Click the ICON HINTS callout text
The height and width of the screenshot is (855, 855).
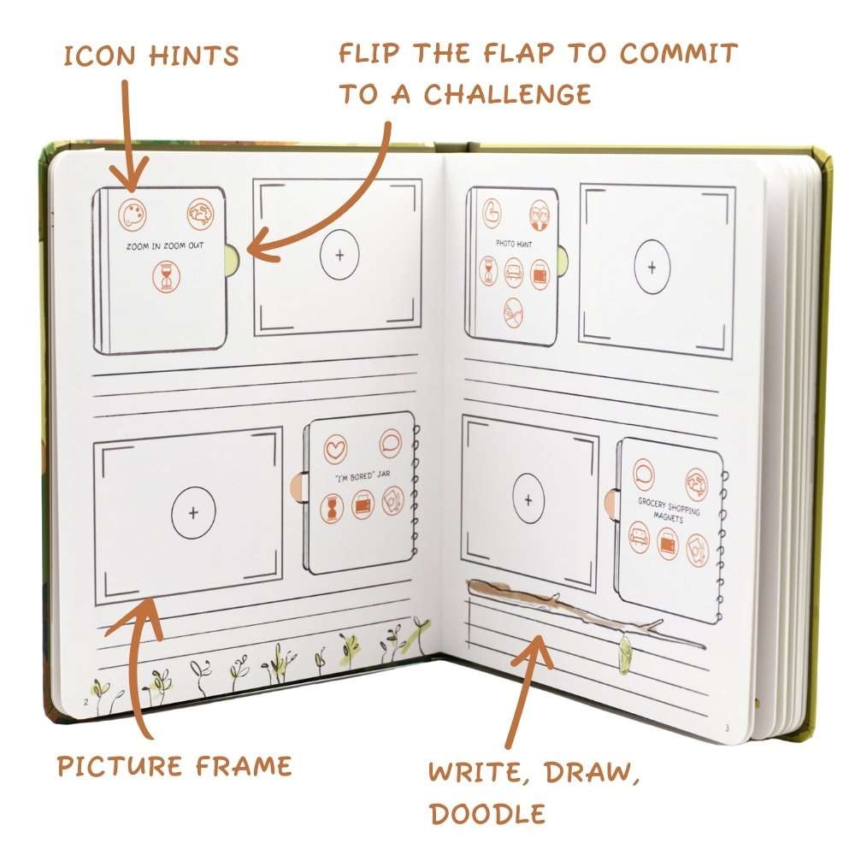[x=151, y=57]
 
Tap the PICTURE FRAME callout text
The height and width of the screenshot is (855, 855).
[x=174, y=764]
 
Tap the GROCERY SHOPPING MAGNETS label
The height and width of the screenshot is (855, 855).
[x=669, y=507]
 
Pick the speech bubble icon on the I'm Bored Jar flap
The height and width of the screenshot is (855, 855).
[x=391, y=443]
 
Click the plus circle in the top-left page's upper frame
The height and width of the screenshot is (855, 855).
[x=339, y=255]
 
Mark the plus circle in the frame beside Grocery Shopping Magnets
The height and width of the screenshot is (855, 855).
[x=528, y=500]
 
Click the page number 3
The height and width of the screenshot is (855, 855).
[x=727, y=728]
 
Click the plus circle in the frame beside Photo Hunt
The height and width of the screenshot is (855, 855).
[x=652, y=267]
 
